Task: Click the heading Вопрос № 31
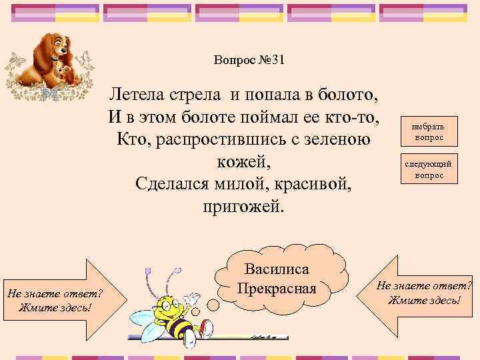point(249,60)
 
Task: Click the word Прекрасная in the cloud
point(276,290)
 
